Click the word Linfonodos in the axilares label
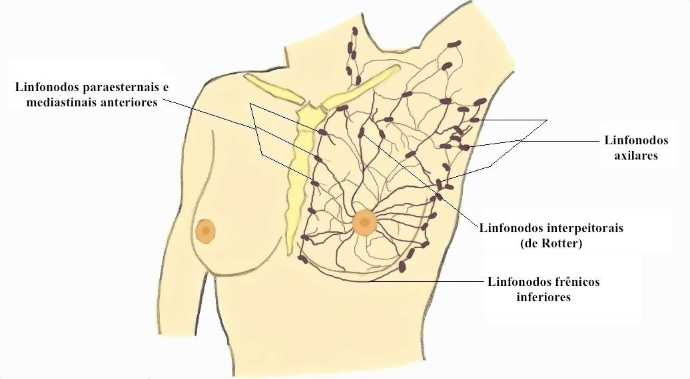[635, 140]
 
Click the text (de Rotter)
[551, 243]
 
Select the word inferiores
[543, 297]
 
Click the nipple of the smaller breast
[206, 231]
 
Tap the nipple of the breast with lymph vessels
[365, 223]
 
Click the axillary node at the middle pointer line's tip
[464, 146]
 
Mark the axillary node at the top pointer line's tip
[474, 120]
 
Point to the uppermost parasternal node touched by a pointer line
[322, 132]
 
